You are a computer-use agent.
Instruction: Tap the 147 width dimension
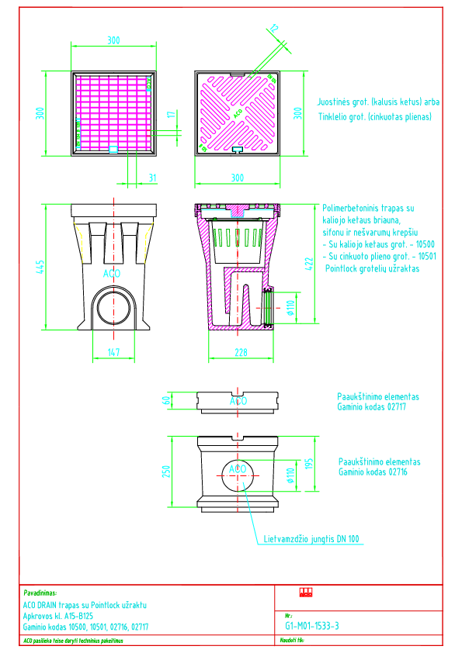(x=114, y=353)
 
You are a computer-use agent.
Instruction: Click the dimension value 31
(x=152, y=178)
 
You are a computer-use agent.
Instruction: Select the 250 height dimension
(x=165, y=472)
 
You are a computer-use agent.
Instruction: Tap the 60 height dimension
(x=165, y=401)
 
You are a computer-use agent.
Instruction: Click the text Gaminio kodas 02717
(x=372, y=406)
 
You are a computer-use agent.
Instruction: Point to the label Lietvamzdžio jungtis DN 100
(x=311, y=538)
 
